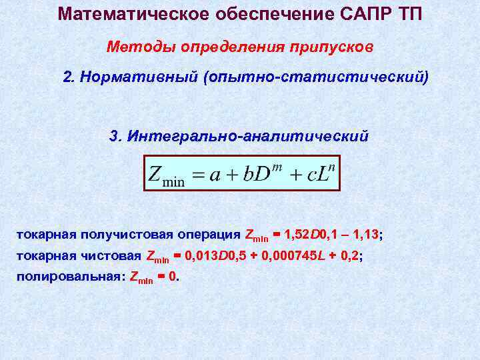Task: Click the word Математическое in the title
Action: (119, 14)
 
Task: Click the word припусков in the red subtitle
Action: (332, 47)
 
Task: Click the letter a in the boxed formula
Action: (216, 176)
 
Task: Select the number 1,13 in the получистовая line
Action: (365, 235)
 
